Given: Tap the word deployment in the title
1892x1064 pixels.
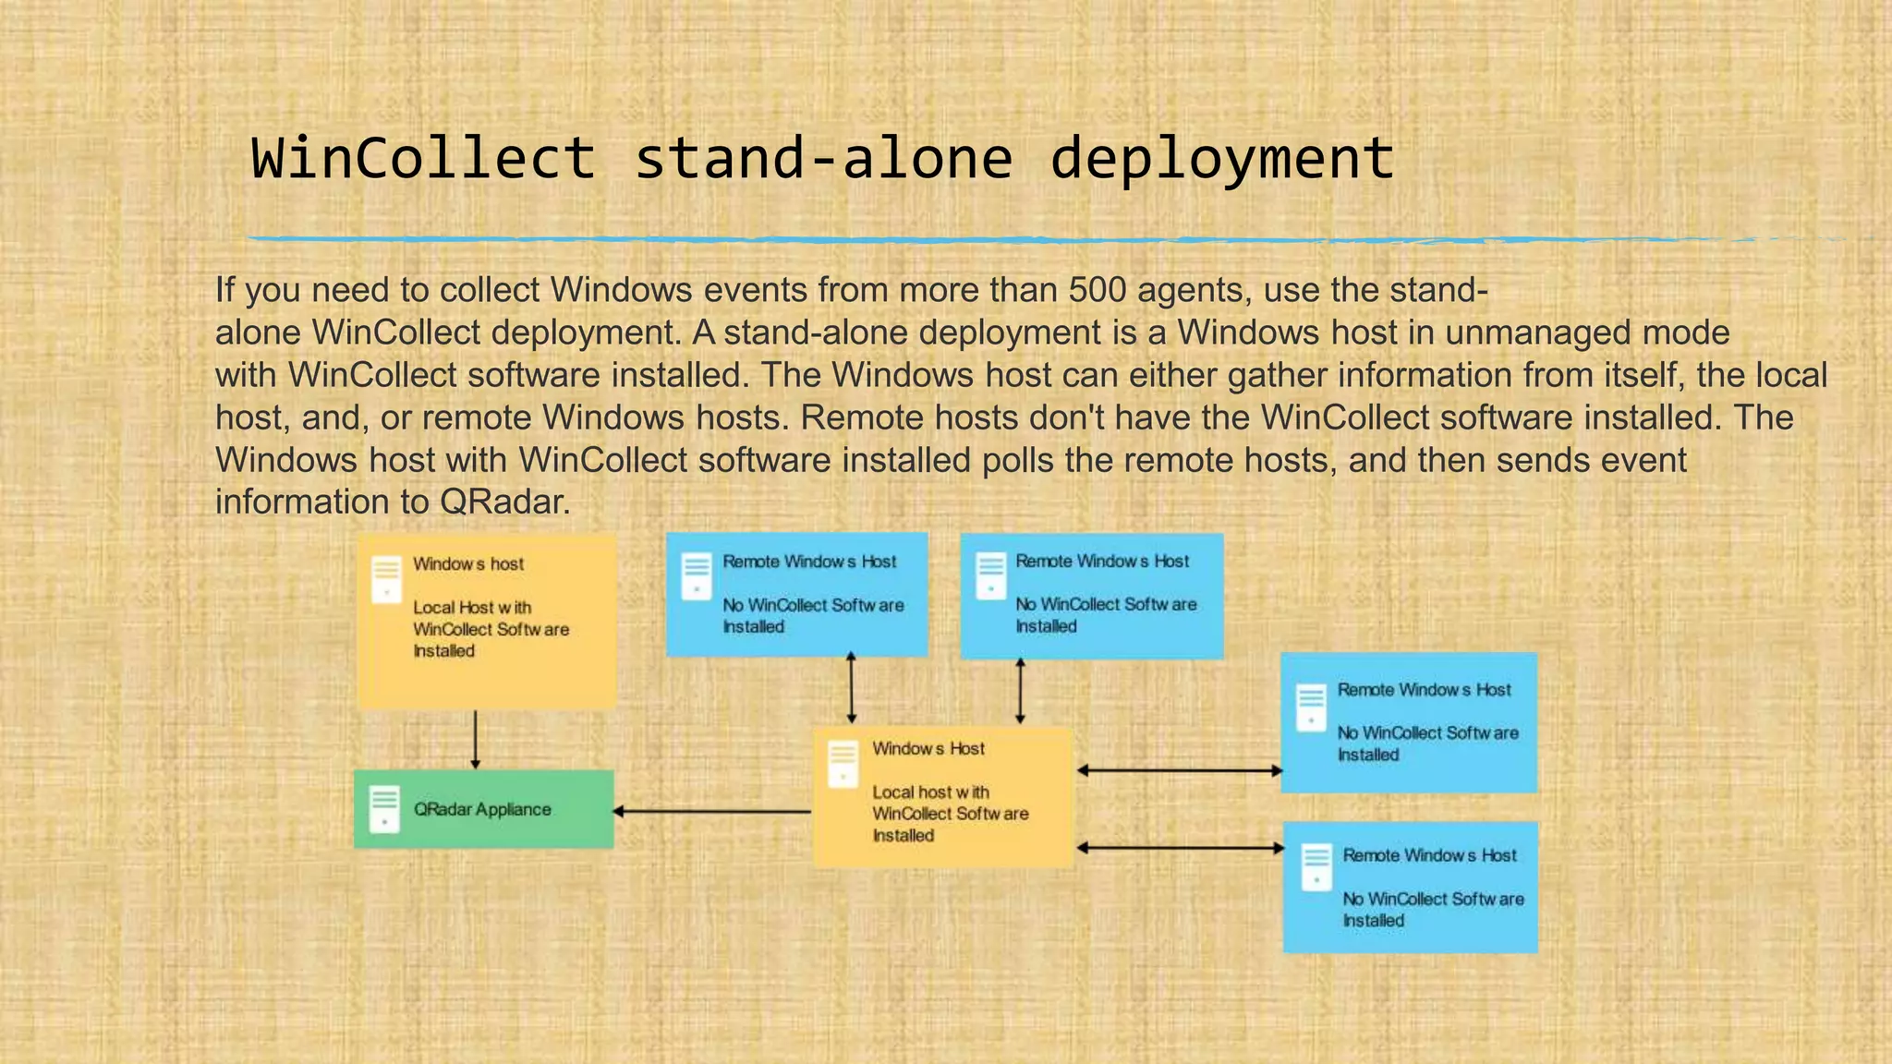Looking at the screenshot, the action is [x=1221, y=158].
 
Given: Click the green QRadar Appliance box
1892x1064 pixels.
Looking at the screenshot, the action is [x=483, y=809].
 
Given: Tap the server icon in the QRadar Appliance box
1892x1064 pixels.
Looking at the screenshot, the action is [x=384, y=809].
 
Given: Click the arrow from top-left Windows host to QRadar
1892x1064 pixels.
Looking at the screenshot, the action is [x=475, y=739].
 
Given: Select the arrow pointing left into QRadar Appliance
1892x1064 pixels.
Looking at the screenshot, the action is [x=711, y=812].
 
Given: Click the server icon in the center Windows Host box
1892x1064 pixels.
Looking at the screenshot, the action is [x=843, y=764].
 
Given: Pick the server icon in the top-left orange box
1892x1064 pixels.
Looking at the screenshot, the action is [x=386, y=579].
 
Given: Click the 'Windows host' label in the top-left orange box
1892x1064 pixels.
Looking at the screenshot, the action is [x=468, y=564].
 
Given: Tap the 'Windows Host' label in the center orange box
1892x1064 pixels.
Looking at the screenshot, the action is [x=928, y=749].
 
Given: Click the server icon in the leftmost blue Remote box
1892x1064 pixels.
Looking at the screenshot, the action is [x=697, y=576].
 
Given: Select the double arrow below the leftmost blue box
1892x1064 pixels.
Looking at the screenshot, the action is [x=851, y=688].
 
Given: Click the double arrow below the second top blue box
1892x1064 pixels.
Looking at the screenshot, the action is [x=1020, y=691].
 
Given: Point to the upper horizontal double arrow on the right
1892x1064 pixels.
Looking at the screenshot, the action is [x=1179, y=770].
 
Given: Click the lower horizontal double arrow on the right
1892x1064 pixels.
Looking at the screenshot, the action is [x=1179, y=848].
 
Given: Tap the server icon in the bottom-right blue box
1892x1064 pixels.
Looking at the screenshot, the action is [x=1316, y=867].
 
